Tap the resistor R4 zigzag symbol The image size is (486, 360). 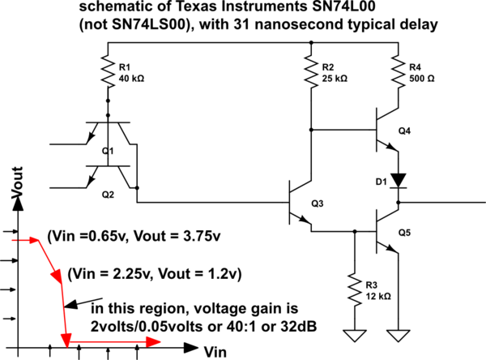click(x=397, y=73)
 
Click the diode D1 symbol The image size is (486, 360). click(x=397, y=178)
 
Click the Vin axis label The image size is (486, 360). click(x=214, y=351)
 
